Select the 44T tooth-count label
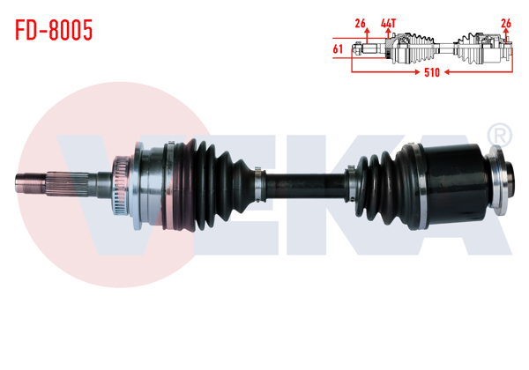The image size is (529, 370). (388, 22)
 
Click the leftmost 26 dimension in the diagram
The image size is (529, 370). (360, 22)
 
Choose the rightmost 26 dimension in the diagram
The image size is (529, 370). (505, 22)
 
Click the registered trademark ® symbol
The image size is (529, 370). (498, 135)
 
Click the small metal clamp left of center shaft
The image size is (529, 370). (257, 183)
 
